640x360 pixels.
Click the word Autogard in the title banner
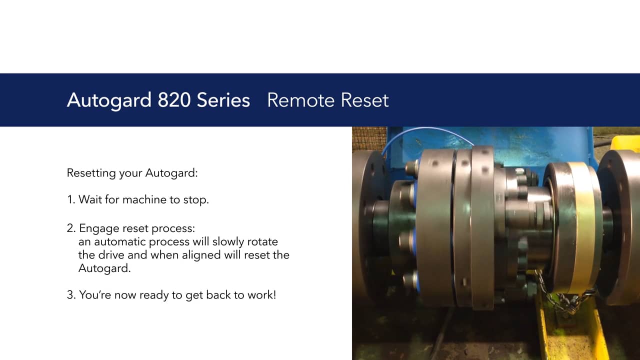point(109,100)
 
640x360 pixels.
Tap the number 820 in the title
point(173,100)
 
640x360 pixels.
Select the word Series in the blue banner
point(223,100)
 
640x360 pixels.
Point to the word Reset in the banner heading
point(364,100)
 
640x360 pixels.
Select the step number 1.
point(70,199)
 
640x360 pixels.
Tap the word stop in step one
point(196,200)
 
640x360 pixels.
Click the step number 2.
point(71,228)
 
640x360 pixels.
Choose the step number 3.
point(71,295)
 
